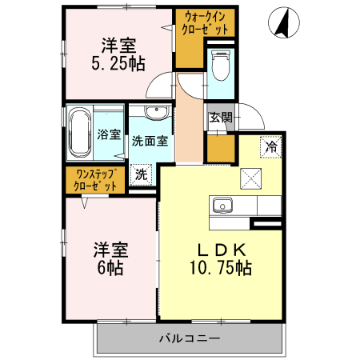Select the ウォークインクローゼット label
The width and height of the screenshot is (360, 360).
point(205,22)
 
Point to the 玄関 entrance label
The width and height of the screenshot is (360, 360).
point(221,118)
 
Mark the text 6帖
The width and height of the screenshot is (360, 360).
point(110,268)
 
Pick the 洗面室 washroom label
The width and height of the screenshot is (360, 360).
point(150,141)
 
